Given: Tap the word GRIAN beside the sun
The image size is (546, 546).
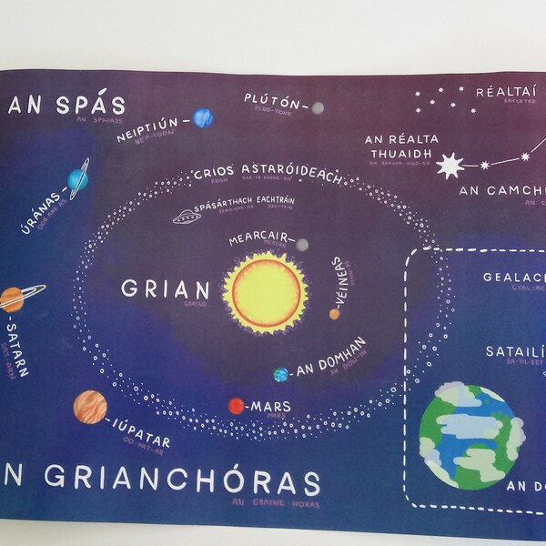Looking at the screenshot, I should click(x=166, y=290).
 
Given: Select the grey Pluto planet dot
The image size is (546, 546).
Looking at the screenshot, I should click(x=317, y=108).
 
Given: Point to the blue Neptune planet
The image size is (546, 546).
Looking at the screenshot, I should click(x=202, y=118).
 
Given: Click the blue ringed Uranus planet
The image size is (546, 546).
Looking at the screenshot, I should click(x=77, y=179).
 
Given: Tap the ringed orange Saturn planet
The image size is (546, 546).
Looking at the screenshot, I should click(x=12, y=298).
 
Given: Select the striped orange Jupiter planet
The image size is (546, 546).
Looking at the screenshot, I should click(x=90, y=406).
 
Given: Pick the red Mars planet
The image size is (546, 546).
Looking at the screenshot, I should click(x=236, y=406).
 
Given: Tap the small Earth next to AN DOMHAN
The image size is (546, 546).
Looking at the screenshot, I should click(x=281, y=374).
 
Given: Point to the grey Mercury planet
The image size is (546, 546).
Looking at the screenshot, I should click(x=302, y=244).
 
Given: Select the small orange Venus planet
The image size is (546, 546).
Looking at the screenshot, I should click(x=335, y=314).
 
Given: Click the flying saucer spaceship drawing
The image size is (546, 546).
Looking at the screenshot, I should click(x=187, y=217).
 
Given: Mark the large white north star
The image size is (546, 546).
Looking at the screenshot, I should click(x=449, y=166).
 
